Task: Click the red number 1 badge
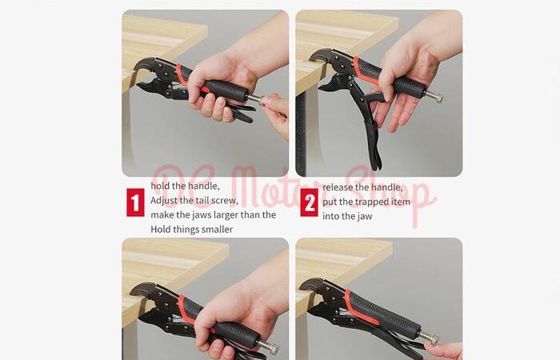pos(135,202)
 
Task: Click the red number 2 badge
pos(309,202)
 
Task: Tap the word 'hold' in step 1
pos(159,186)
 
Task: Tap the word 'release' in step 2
pos(338,187)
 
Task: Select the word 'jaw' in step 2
pos(365,217)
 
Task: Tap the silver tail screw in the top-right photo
pos(434,96)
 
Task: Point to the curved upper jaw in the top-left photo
pos(146,65)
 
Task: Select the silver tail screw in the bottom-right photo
pos(430,338)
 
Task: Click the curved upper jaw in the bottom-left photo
pos(143,290)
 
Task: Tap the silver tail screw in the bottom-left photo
pos(268,346)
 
